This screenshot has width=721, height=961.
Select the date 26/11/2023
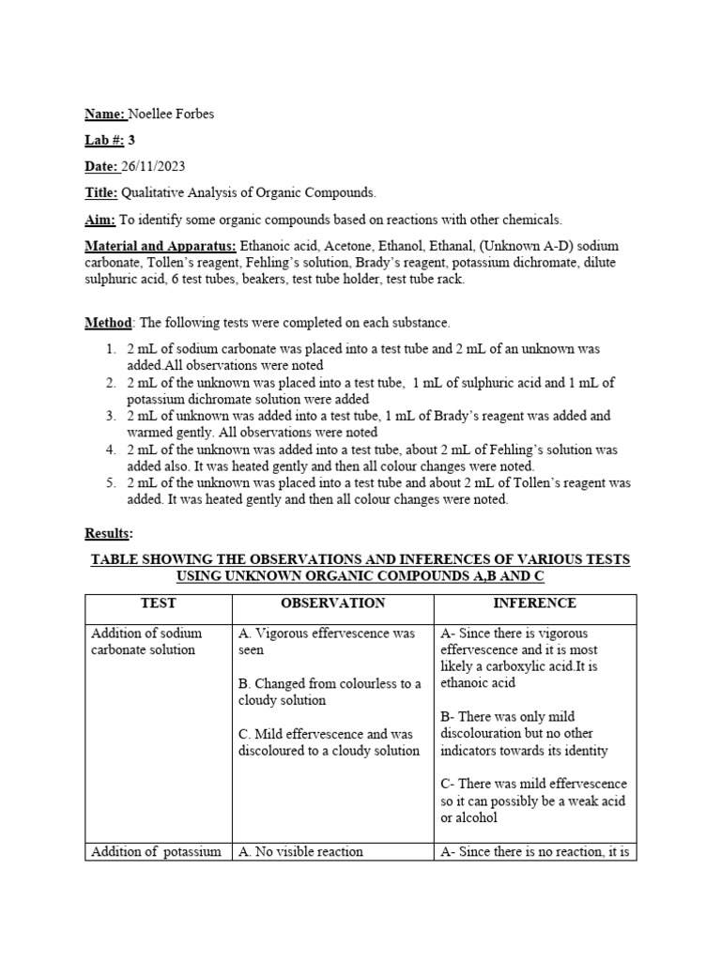(152, 167)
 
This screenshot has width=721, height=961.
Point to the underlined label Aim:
(100, 220)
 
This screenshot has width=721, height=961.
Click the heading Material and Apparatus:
(161, 246)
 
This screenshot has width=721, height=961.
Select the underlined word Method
(108, 323)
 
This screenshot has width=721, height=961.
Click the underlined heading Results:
(108, 533)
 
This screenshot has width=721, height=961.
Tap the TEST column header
(158, 603)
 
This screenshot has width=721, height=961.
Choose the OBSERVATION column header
(332, 603)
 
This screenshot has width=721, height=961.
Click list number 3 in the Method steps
(110, 416)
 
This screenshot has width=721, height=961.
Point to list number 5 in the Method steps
(110, 483)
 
